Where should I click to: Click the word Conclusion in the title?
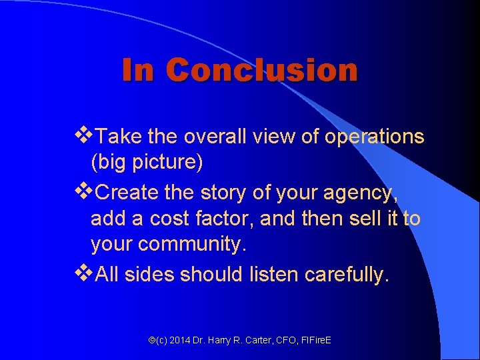coord(261,70)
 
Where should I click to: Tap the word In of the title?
coord(138,70)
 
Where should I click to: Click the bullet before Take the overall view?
coord(85,136)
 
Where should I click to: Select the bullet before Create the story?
coord(85,192)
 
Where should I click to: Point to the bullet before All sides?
coord(85,274)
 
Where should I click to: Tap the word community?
coord(192,245)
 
